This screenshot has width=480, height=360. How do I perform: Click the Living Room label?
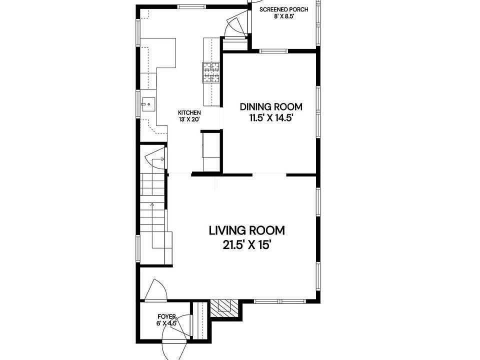pos(246,230)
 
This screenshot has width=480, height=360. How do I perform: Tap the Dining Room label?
pos(271,107)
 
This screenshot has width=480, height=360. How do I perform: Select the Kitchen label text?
pos(189,113)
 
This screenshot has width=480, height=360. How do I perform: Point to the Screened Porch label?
pos(284,9)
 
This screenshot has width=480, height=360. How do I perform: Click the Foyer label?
pos(167,316)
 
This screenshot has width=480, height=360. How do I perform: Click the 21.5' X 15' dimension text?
pos(247,245)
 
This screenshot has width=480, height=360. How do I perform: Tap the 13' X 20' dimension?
pos(189,119)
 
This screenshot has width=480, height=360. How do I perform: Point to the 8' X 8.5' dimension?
pos(284,16)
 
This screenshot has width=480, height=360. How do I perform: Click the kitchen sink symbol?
pos(148,104)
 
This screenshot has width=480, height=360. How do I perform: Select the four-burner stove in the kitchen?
pos(211,72)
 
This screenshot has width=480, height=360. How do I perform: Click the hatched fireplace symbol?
pos(224,308)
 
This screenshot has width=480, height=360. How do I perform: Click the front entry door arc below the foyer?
pos(174,350)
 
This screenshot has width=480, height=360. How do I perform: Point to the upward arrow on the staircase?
pos(152,225)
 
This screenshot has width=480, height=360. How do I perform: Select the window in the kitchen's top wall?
pos(192,6)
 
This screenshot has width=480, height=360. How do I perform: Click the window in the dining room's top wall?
pos(273,51)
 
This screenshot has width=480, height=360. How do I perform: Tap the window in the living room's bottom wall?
pos(280,301)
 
